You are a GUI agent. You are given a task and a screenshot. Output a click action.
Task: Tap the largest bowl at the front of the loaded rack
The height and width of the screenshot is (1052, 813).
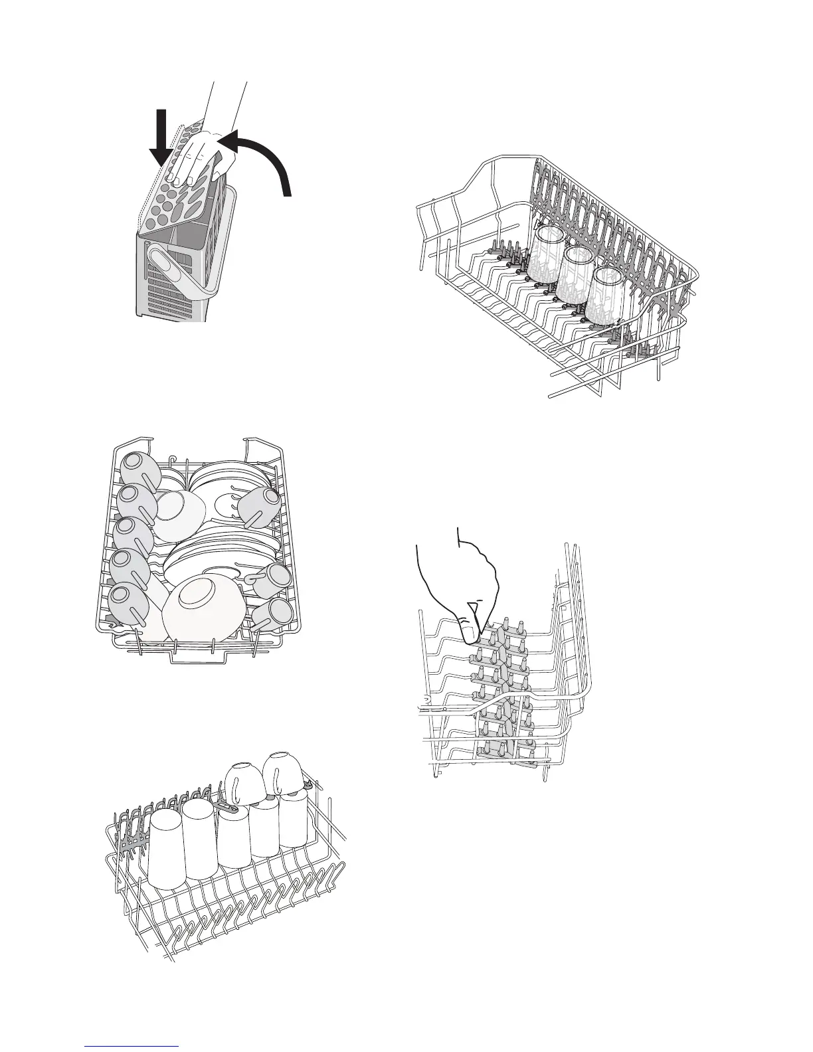(x=203, y=604)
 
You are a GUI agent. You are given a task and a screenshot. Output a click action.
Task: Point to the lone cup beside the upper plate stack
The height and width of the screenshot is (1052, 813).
(x=260, y=505)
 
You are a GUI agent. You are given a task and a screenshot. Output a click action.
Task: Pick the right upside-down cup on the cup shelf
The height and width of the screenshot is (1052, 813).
(x=282, y=774)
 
